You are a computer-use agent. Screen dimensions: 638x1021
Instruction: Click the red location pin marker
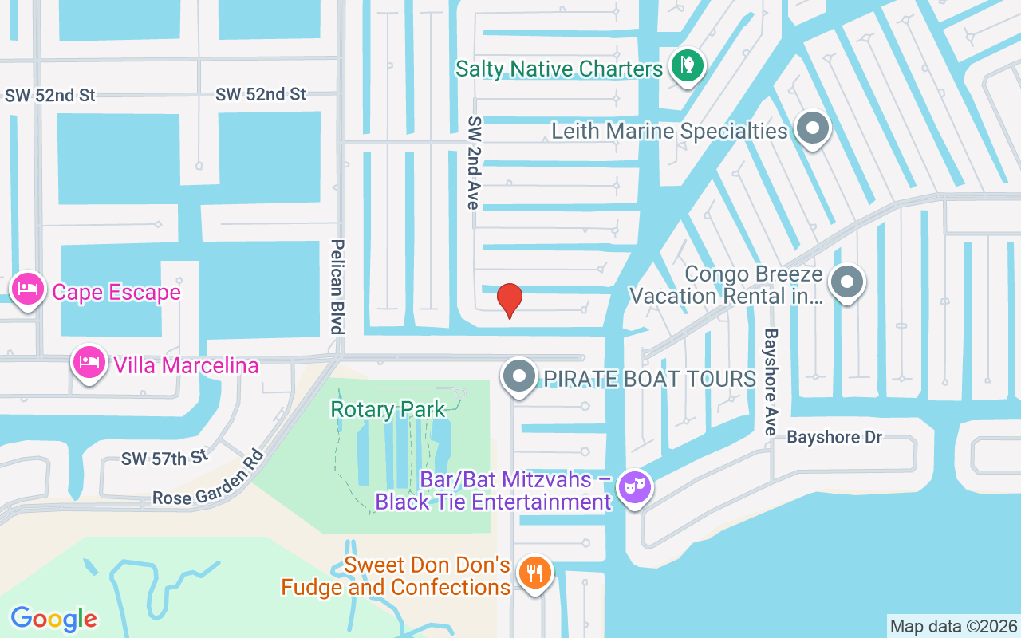[x=509, y=300]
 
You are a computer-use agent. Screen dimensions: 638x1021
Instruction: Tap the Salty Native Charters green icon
[x=686, y=65]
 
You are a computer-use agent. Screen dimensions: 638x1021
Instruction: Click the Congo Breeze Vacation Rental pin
[x=847, y=282]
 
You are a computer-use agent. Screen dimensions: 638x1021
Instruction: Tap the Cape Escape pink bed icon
[x=28, y=289]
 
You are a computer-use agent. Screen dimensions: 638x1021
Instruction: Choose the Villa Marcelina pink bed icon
[x=88, y=363]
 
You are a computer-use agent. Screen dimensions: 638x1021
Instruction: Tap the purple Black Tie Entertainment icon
[x=636, y=486]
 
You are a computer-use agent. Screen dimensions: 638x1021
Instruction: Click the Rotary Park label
[x=388, y=410]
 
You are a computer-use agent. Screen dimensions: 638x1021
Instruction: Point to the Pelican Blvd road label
[x=337, y=286]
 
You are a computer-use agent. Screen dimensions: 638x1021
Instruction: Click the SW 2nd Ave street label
[x=475, y=163]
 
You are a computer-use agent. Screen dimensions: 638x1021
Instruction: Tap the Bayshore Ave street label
[x=771, y=382]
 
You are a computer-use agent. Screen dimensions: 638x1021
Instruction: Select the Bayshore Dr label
[x=834, y=437]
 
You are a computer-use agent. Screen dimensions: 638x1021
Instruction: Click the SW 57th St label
[x=164, y=458]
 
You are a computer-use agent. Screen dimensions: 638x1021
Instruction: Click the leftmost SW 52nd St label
[x=49, y=95]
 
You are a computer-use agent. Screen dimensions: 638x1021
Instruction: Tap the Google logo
[x=53, y=618]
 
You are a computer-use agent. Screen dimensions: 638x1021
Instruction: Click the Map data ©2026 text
[x=953, y=626]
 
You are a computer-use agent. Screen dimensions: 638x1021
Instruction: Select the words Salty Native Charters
[x=558, y=69]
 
